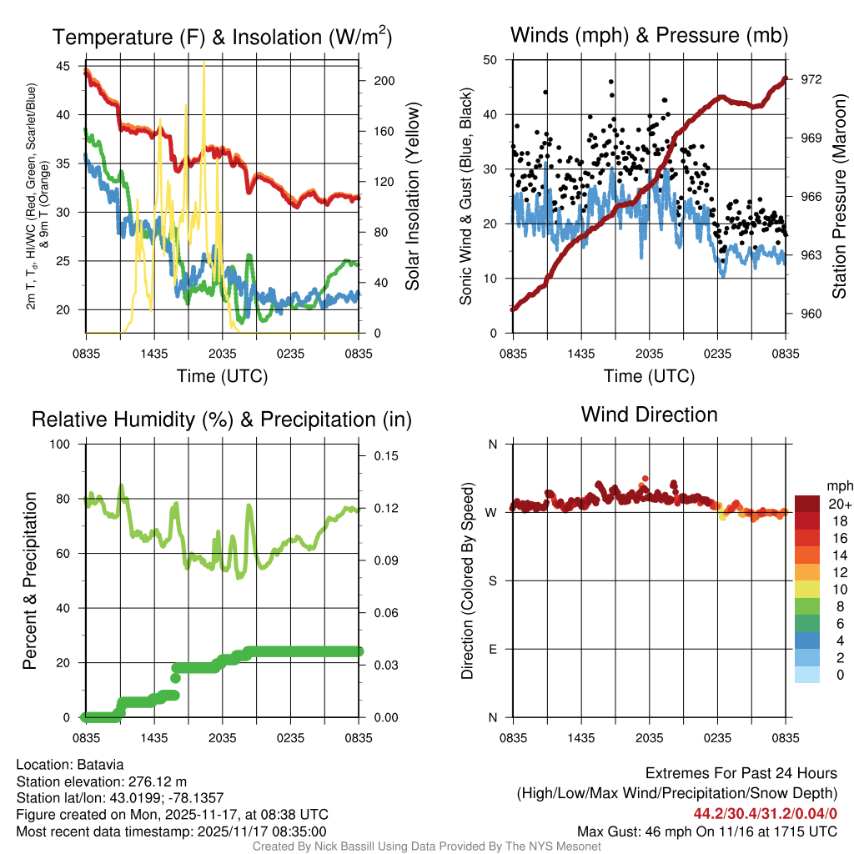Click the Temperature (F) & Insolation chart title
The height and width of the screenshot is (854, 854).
[222, 37]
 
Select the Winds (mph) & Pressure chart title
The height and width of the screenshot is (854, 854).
[649, 35]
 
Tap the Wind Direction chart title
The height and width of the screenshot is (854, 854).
[649, 414]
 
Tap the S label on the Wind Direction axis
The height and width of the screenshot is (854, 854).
[493, 580]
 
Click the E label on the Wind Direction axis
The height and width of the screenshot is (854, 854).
[493, 649]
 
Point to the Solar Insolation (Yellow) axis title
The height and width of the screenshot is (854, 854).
[412, 196]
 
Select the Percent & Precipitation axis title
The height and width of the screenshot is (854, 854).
[31, 580]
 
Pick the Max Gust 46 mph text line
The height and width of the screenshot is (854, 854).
[706, 831]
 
